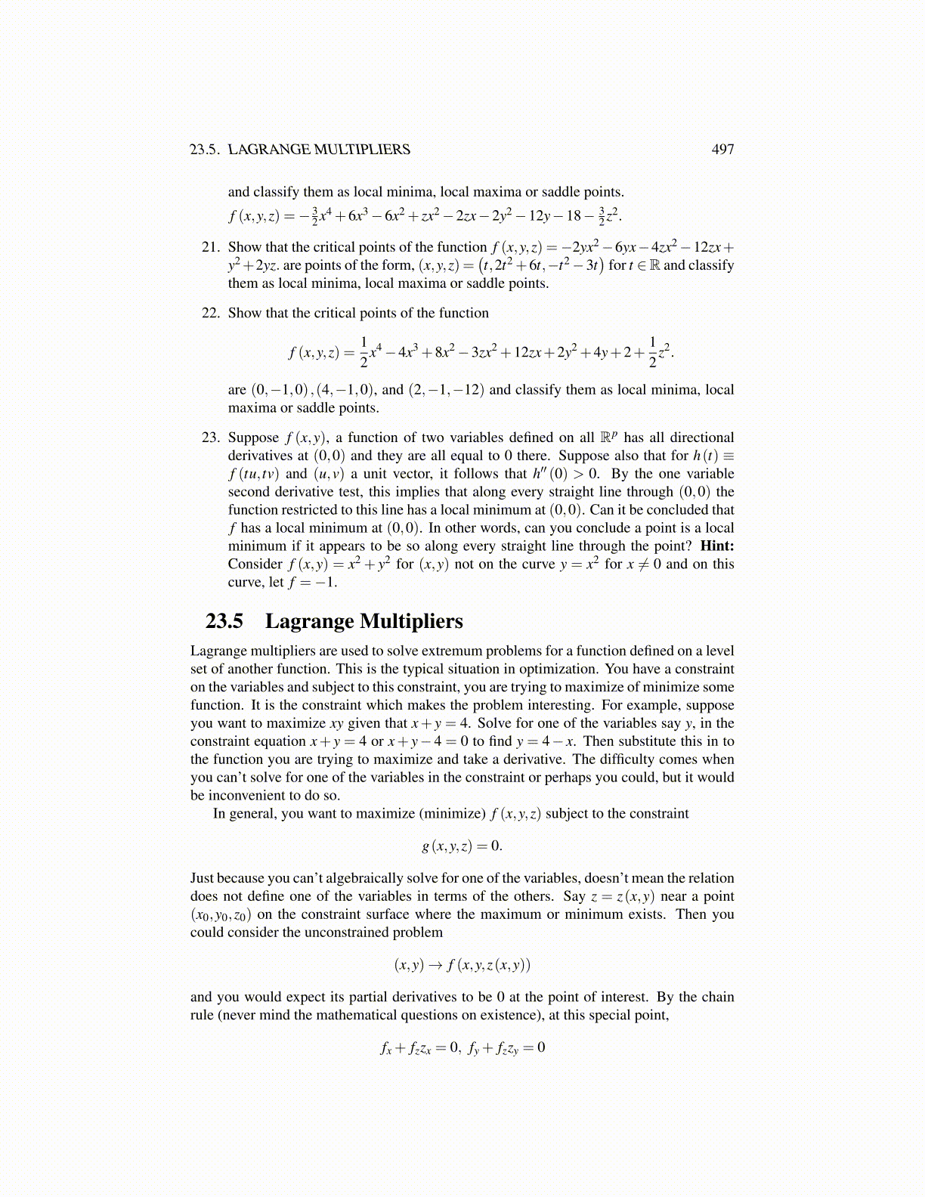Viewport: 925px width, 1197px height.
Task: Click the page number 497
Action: click(722, 150)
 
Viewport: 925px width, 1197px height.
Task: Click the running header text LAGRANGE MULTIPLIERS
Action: click(319, 150)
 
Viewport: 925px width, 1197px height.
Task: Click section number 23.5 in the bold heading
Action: click(224, 621)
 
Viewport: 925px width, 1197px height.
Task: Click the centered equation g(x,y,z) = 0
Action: click(462, 846)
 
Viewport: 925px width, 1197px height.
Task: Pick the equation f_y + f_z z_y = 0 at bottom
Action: click(506, 1048)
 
